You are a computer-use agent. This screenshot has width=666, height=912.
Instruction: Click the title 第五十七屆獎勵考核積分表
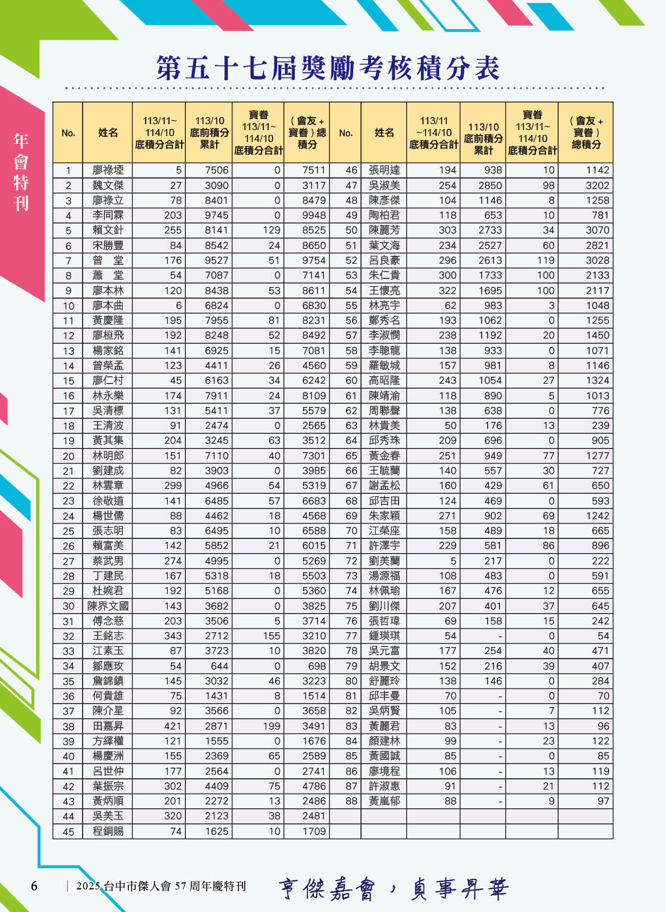[328, 68]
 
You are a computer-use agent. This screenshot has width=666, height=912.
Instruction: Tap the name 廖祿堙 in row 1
[107, 171]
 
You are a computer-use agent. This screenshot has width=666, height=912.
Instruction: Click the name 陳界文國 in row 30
[107, 606]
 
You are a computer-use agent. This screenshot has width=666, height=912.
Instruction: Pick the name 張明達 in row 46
[384, 171]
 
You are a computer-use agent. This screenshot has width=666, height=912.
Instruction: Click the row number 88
[351, 801]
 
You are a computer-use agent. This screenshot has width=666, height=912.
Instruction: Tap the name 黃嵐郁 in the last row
[384, 801]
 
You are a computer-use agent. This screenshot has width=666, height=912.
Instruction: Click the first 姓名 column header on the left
[107, 132]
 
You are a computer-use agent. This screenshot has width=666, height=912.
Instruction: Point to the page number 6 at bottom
[34, 886]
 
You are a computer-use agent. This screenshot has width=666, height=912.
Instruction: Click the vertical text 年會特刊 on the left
[21, 172]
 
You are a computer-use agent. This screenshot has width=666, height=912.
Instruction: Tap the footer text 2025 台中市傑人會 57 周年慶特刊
[161, 886]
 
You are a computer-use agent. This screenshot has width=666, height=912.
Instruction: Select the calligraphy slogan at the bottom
[393, 889]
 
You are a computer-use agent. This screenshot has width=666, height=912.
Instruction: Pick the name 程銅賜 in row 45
[107, 831]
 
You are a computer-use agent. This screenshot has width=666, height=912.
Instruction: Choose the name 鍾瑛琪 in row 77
[384, 636]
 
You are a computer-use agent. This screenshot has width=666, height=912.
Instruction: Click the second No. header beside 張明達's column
[345, 132]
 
